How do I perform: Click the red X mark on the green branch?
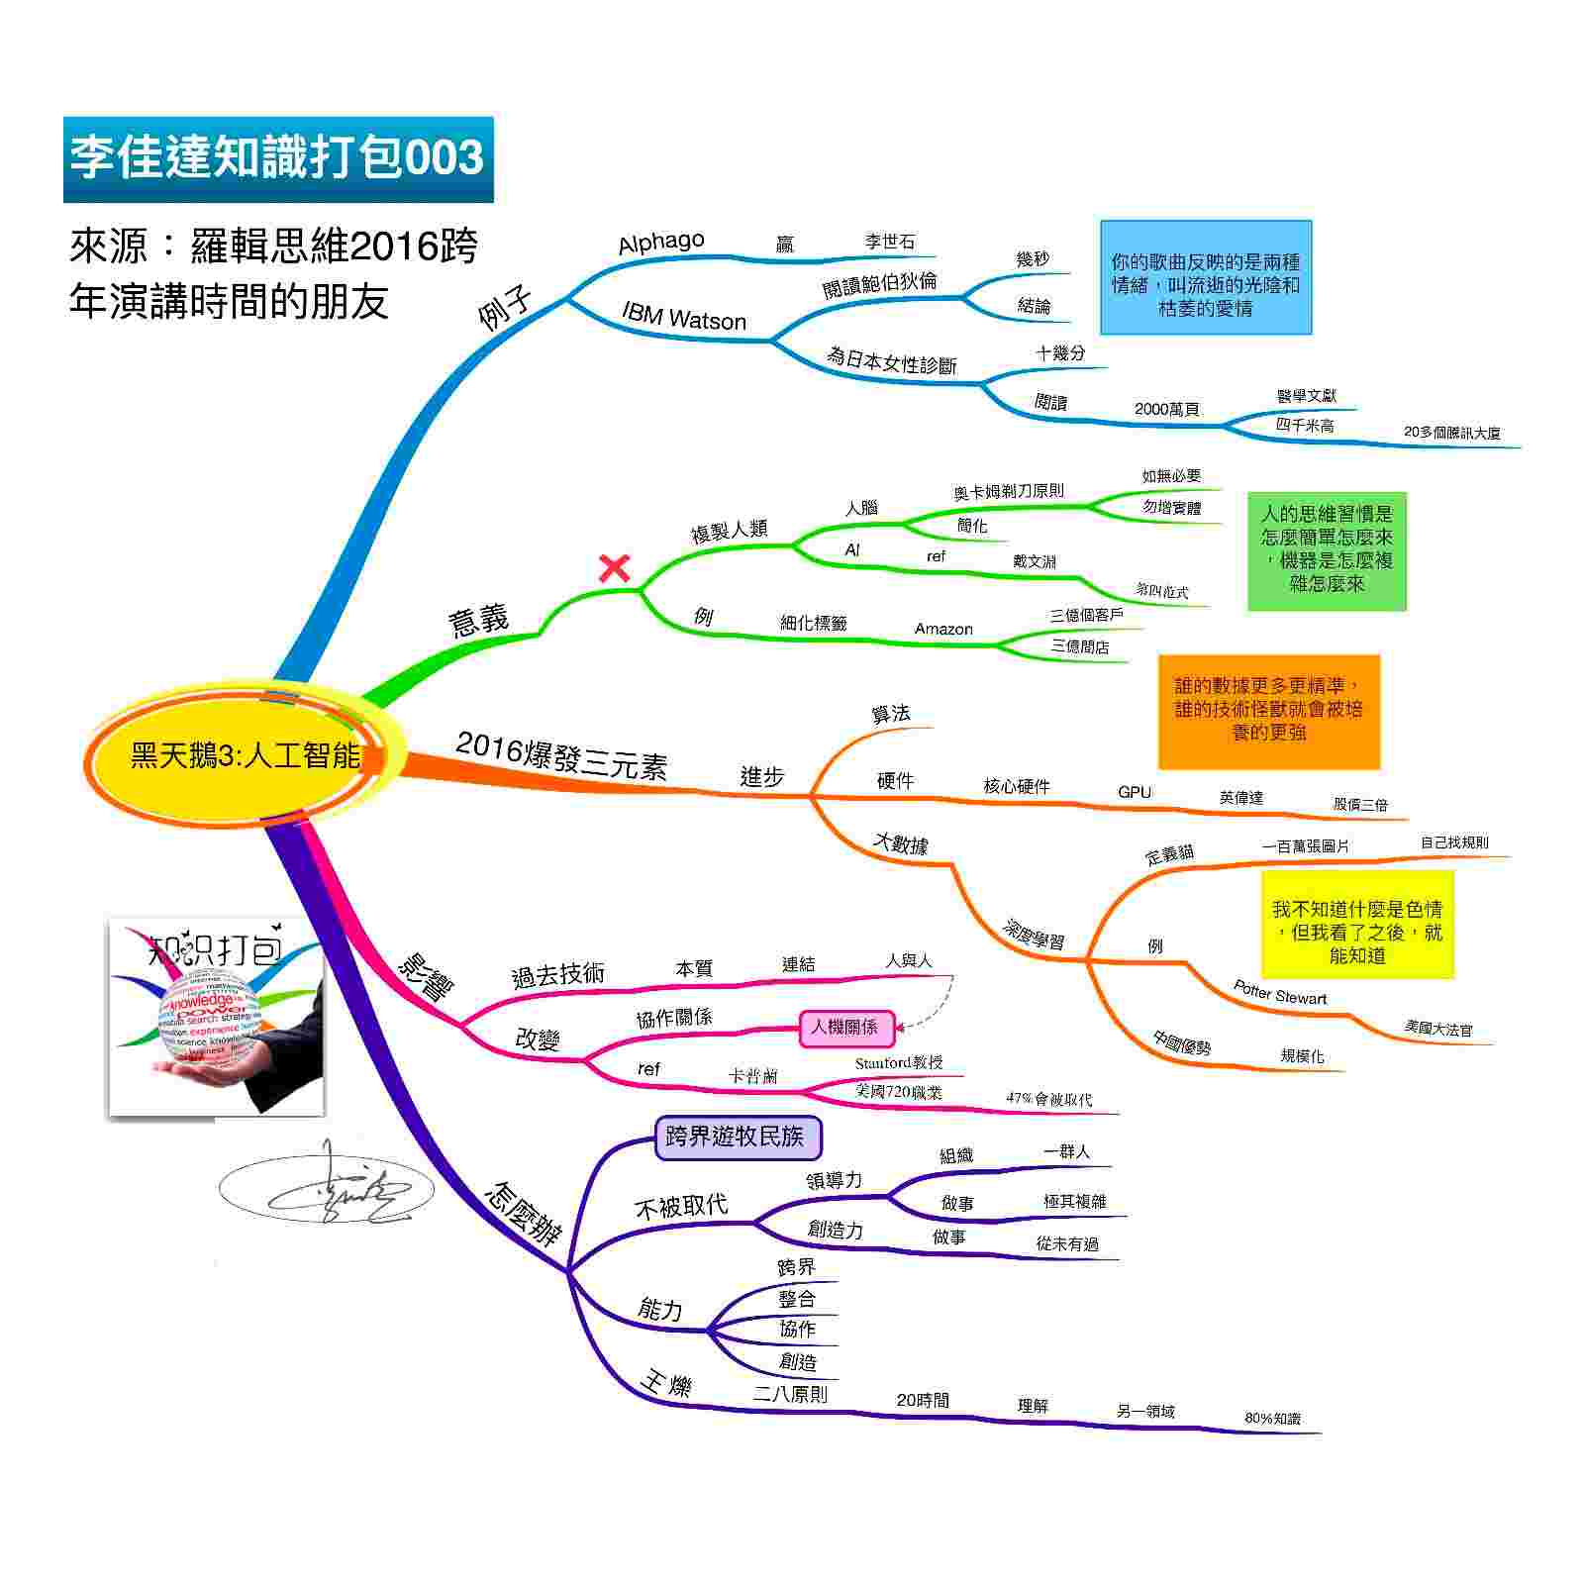pyautogui.click(x=615, y=568)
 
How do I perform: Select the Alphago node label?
pyautogui.click(x=660, y=243)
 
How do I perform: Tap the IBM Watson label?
pyautogui.click(x=683, y=316)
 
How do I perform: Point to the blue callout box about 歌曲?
pyautogui.click(x=1205, y=277)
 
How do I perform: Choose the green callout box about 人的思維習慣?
pyautogui.click(x=1326, y=549)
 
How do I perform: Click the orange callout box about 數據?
pyautogui.click(x=1268, y=710)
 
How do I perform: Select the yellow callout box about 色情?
pyautogui.click(x=1356, y=924)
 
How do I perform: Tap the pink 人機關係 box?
pyautogui.click(x=844, y=1027)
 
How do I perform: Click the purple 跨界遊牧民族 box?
pyautogui.click(x=738, y=1137)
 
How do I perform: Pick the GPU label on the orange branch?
pyautogui.click(x=1135, y=792)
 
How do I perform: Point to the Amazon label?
pyautogui.click(x=943, y=629)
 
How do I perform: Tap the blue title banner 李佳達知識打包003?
pyautogui.click(x=278, y=158)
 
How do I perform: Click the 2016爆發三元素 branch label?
pyautogui.click(x=561, y=757)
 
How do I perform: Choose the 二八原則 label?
pyautogui.click(x=790, y=1394)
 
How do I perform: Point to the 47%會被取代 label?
pyautogui.click(x=1049, y=1099)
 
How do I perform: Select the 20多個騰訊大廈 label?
pyautogui.click(x=1451, y=433)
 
